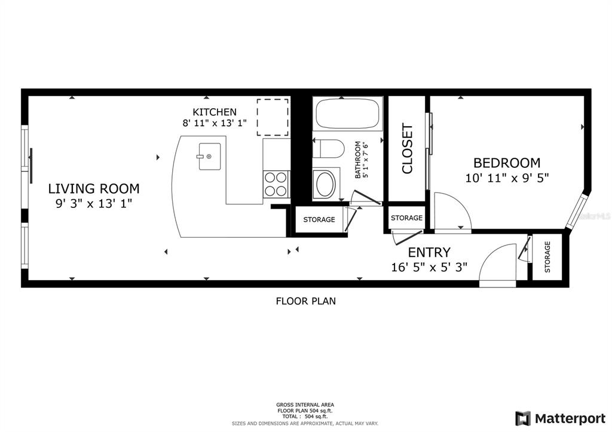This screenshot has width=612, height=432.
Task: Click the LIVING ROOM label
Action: coord(94,189)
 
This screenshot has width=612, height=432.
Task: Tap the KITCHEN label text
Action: coord(215,112)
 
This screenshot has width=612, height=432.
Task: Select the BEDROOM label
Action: coord(507,163)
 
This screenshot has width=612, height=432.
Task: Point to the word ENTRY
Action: coord(429,253)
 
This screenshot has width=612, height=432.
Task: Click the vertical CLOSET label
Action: coord(407,149)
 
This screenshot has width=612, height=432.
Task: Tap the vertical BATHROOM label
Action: coord(357,160)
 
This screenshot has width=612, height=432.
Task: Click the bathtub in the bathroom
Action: coord(347,114)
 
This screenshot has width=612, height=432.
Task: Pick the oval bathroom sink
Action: coord(326,185)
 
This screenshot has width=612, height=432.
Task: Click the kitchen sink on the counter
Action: coord(210,157)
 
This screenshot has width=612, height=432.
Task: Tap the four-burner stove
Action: coord(276,184)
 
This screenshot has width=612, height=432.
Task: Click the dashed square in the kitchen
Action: coord(273,118)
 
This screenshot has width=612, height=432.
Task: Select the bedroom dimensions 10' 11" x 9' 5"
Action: coord(507,178)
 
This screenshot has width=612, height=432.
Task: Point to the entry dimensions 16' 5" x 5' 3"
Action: coord(429,267)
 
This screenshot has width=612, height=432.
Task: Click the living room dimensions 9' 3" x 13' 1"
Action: coord(94,204)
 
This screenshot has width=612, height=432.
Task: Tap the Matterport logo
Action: coord(561,419)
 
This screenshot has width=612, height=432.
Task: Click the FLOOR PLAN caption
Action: coord(306,301)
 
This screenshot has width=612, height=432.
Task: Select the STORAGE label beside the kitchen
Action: coord(319,220)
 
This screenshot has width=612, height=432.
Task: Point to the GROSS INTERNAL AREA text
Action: coord(305,405)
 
